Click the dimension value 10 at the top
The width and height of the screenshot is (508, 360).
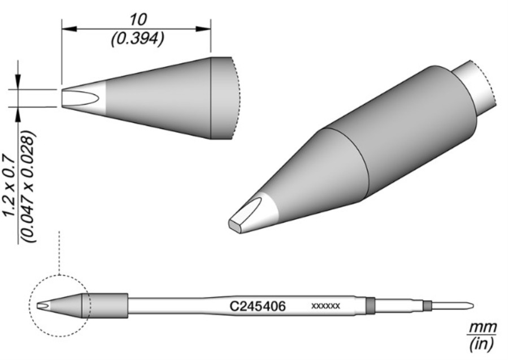[x=138, y=20]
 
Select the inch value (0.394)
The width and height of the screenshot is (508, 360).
[x=137, y=39]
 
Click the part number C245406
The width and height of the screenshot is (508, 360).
[x=258, y=306]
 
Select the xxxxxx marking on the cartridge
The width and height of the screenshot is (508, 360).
[x=325, y=306]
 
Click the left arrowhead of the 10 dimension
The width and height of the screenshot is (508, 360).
[x=69, y=29]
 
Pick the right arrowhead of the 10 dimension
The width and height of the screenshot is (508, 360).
[x=203, y=29]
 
